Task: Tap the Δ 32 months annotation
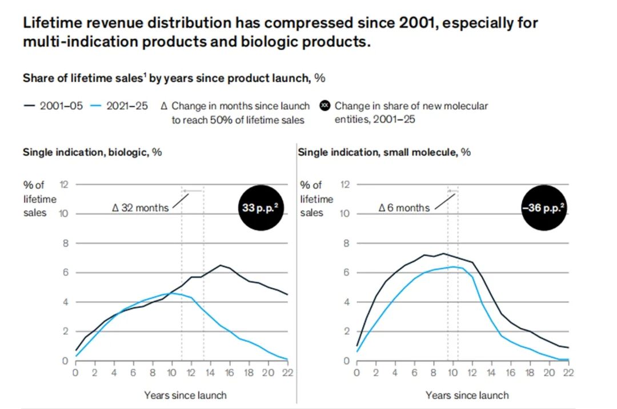tap(141, 208)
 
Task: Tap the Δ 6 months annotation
tap(404, 208)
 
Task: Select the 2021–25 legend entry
tap(122, 106)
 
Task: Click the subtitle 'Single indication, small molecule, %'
tap(384, 152)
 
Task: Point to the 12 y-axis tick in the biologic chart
tap(64, 184)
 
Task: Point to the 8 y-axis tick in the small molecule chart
tap(345, 244)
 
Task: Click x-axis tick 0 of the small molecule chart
tap(357, 373)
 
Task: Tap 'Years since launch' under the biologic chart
tap(185, 395)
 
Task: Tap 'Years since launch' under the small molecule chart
tap(467, 395)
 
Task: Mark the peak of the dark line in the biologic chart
tap(220, 265)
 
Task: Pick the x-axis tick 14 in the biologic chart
tap(210, 373)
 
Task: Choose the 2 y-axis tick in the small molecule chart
tap(345, 331)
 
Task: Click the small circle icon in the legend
tap(326, 106)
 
